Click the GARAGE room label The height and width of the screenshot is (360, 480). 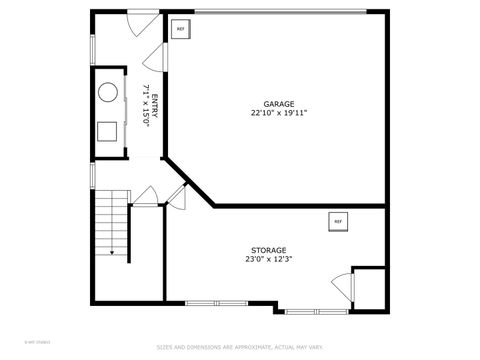click(279, 104)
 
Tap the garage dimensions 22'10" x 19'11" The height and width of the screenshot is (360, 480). click(279, 113)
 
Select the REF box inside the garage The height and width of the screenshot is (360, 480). click(181, 29)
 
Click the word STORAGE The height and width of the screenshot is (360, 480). click(268, 250)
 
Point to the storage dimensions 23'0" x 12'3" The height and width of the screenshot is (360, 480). click(268, 259)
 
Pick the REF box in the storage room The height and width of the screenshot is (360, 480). click(337, 221)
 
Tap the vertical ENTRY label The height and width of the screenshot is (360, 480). click(154, 105)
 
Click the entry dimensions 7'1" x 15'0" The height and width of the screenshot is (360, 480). click(145, 105)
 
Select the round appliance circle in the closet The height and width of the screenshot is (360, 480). click(107, 95)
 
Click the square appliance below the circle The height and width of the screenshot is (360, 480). click(107, 130)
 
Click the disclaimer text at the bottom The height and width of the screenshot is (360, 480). click(240, 347)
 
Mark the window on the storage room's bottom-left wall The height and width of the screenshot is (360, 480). click(217, 302)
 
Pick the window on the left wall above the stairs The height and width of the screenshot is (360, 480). click(92, 176)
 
